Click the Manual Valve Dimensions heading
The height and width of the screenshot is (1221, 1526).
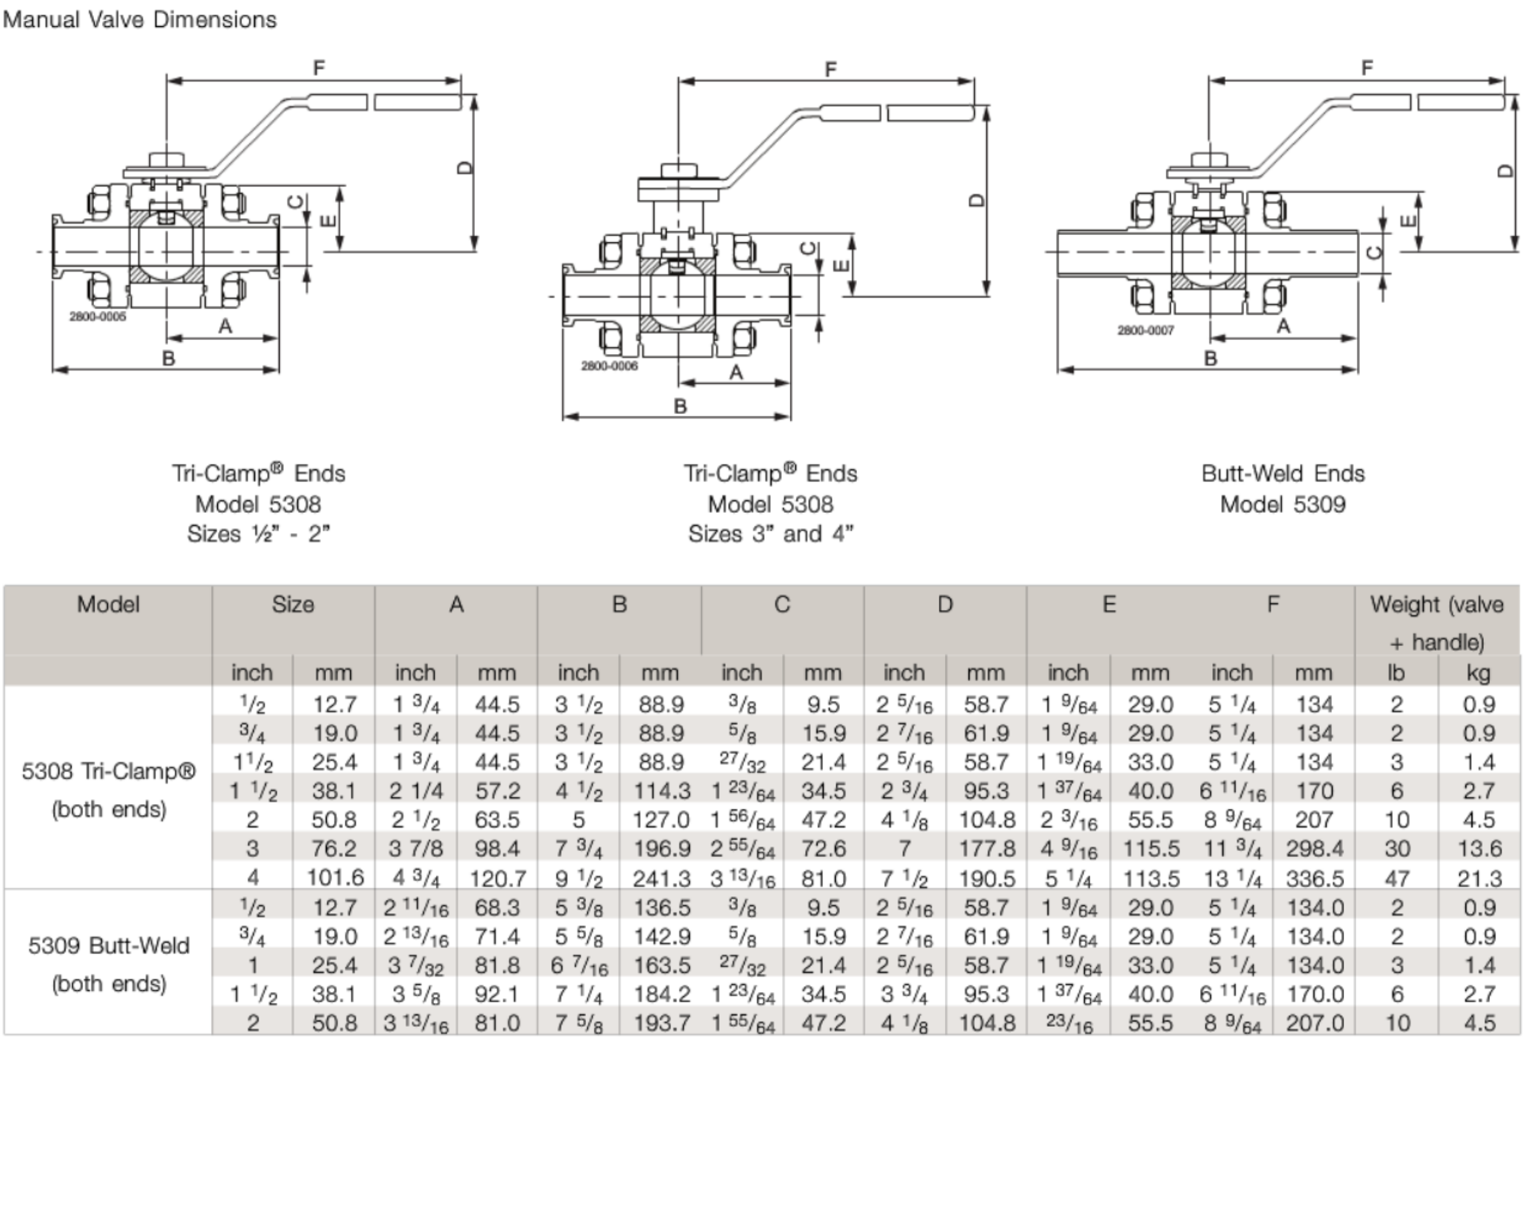[139, 20]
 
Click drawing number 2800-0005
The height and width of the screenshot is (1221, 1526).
[98, 316]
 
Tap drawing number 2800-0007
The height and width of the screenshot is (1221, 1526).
[1145, 330]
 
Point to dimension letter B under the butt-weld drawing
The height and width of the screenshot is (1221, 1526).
[1210, 358]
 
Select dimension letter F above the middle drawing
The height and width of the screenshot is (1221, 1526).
[830, 70]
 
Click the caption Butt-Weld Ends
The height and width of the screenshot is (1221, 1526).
[1282, 474]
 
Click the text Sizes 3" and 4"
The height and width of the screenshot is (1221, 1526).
[770, 534]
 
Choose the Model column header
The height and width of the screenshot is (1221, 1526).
[107, 604]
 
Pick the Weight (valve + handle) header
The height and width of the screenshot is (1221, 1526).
[1436, 622]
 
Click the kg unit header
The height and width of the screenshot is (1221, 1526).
[1478, 672]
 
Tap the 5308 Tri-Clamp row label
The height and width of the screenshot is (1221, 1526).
[108, 789]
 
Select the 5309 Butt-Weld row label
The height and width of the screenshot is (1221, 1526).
[108, 963]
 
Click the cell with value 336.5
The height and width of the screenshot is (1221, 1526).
[1314, 879]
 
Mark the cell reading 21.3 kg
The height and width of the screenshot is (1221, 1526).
[1478, 879]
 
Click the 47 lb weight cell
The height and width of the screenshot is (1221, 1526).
[1397, 879]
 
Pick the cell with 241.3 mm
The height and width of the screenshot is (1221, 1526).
[660, 879]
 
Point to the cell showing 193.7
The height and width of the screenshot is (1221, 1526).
[660, 1023]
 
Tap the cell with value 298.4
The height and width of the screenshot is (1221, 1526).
[1314, 848]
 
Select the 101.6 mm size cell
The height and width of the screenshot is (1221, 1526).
[334, 878]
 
